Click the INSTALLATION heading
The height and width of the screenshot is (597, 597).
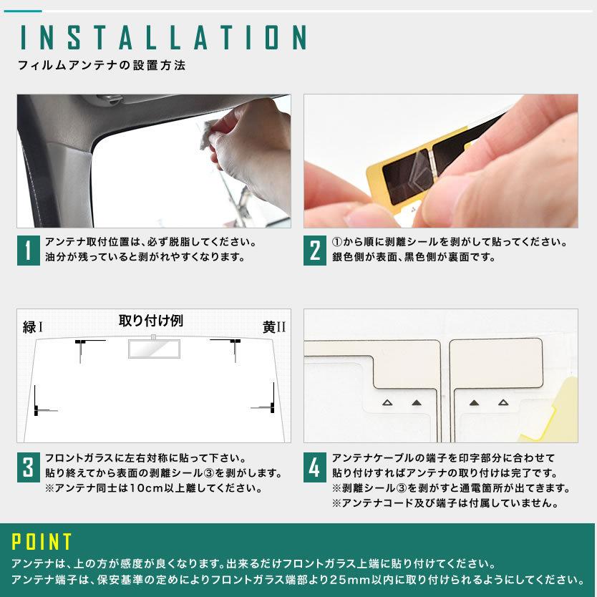pos(164,37)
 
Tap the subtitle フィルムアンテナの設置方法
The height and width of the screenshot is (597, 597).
pos(102,65)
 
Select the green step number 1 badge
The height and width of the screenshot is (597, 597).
pos(28,250)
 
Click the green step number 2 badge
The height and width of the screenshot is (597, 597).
pos(314,250)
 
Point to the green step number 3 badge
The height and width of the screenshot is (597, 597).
pos(28,467)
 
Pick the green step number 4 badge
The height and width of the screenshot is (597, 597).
pos(314,467)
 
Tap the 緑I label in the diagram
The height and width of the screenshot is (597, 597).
pos(33,328)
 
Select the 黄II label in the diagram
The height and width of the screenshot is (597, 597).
pos(273,328)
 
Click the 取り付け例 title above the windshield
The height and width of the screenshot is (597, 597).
pos(150,321)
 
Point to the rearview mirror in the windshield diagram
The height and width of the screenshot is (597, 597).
pos(150,348)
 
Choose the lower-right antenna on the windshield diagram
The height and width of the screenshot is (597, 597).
pos(270,403)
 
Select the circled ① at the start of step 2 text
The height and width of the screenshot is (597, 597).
pos(337,242)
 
